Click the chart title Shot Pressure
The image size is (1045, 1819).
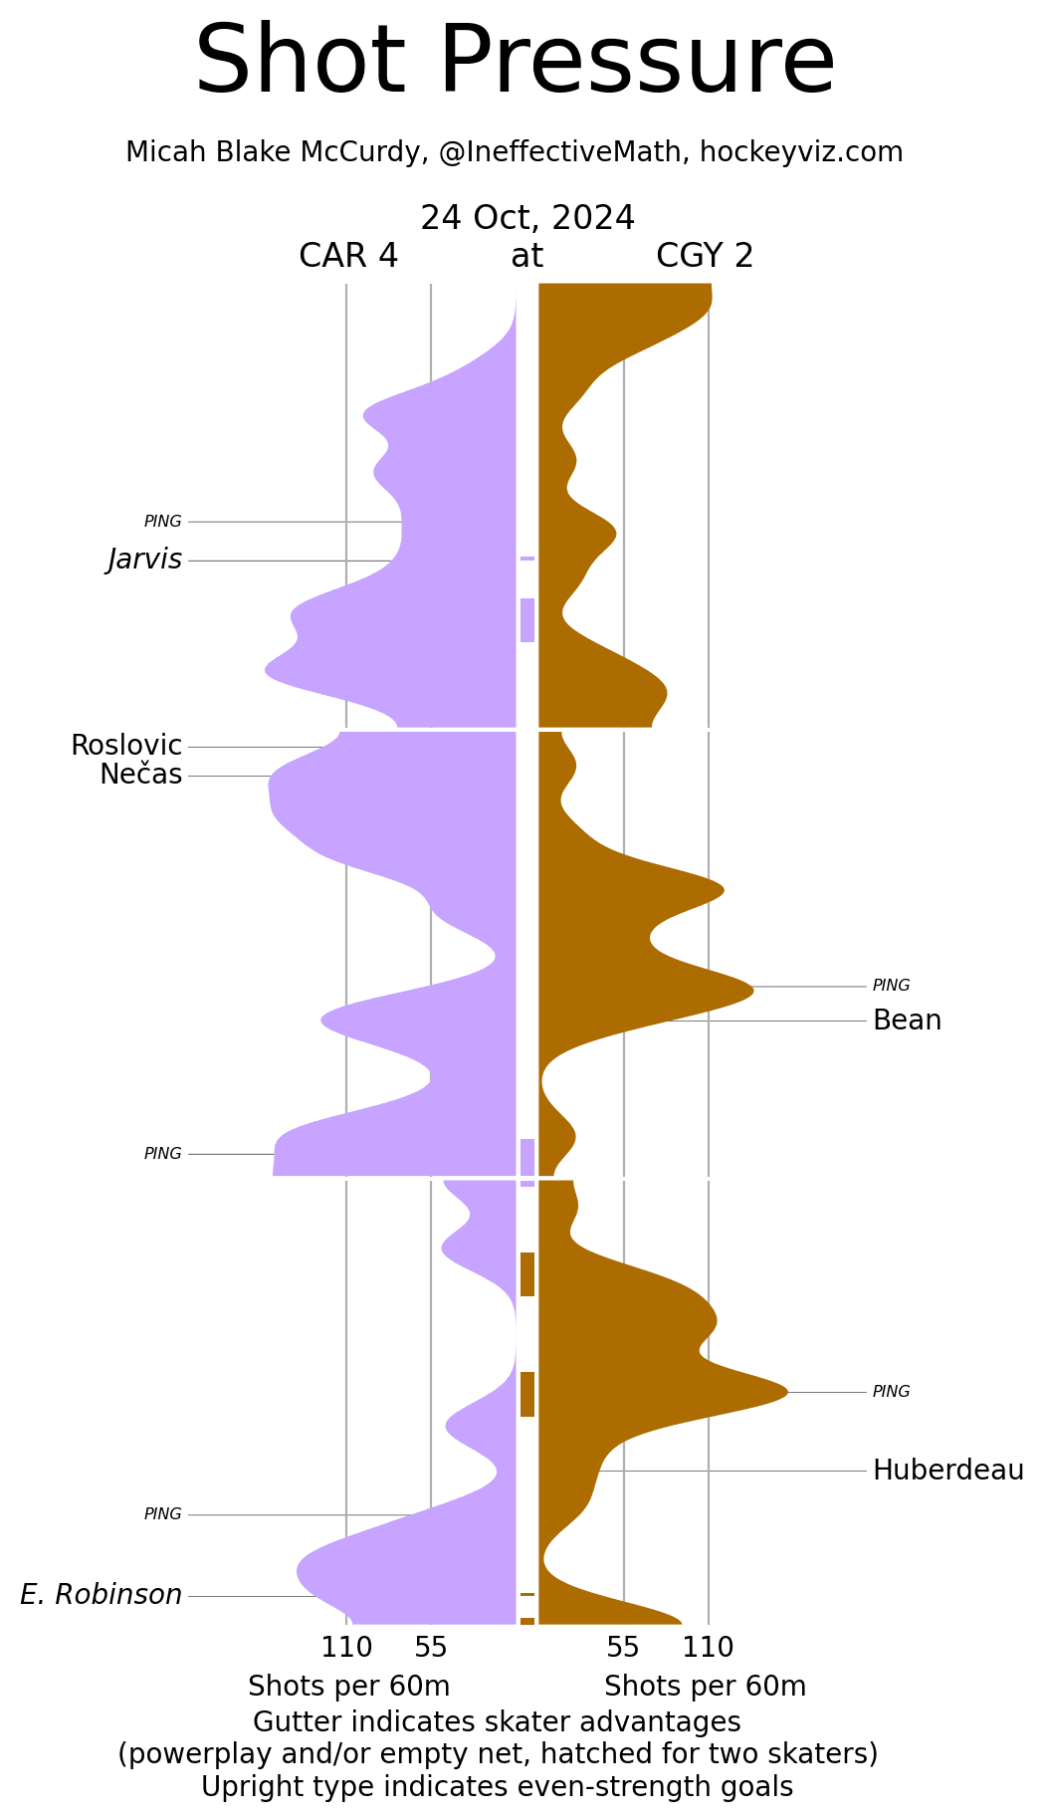(x=515, y=62)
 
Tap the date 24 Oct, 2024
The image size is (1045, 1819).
(x=527, y=218)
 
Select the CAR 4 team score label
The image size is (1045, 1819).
(x=348, y=257)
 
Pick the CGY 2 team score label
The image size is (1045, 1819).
(x=705, y=257)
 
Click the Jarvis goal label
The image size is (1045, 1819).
(x=145, y=561)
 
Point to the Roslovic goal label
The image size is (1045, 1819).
(x=126, y=746)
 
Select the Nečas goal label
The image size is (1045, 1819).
(x=141, y=775)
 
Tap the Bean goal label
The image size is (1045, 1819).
(x=907, y=1021)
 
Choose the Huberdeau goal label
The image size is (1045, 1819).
(x=947, y=1471)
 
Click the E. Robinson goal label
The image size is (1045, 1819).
(x=102, y=1595)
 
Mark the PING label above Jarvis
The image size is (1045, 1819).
(x=163, y=522)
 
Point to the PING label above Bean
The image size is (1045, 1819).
(x=891, y=986)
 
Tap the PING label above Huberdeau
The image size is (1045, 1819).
(x=891, y=1392)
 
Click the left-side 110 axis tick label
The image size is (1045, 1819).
(x=346, y=1648)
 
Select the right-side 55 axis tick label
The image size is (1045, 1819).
(x=623, y=1648)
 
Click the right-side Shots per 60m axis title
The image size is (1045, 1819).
(x=705, y=1687)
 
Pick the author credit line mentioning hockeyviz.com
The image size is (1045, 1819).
(x=515, y=152)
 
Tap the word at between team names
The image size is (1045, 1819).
(x=526, y=257)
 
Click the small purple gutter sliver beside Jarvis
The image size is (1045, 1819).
(x=527, y=559)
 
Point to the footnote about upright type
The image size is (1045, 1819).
(x=498, y=1787)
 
